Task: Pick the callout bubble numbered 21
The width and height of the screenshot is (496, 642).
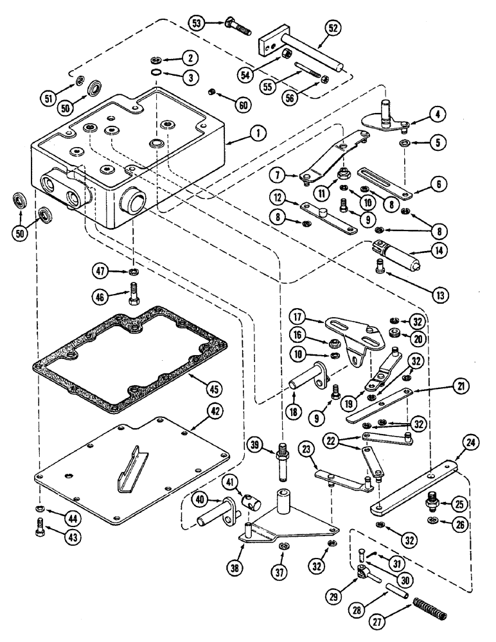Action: (461, 386)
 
